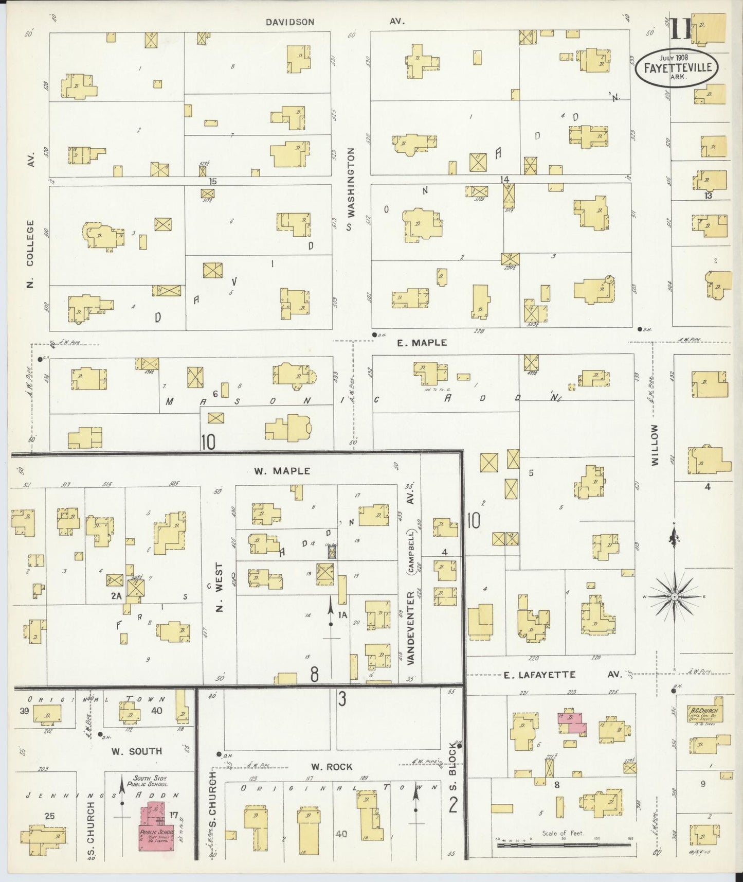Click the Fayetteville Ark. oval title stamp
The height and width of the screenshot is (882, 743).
[677, 67]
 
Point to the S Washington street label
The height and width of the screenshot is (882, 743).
[351, 189]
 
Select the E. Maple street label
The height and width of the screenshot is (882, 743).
[422, 342]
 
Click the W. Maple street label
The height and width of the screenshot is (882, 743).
[282, 471]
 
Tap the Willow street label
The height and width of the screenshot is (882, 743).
[655, 445]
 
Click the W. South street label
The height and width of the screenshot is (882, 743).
[137, 751]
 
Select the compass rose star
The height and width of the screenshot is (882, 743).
[674, 596]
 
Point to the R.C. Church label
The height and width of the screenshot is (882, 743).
[704, 711]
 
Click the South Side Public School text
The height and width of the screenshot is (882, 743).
[150, 781]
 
